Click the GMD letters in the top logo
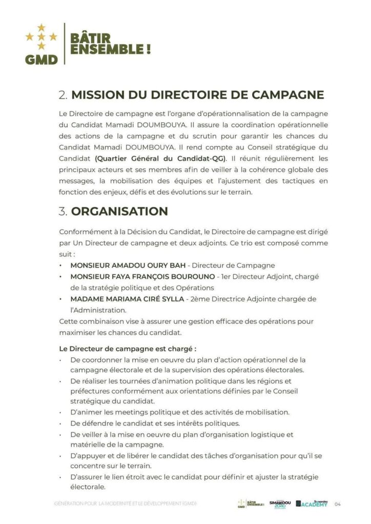42,59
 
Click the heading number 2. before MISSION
64,95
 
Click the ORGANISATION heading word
119,211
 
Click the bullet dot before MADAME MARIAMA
61,299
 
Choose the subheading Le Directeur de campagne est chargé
128,349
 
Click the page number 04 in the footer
338,505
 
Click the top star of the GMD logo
42,27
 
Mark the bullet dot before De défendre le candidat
61,424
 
